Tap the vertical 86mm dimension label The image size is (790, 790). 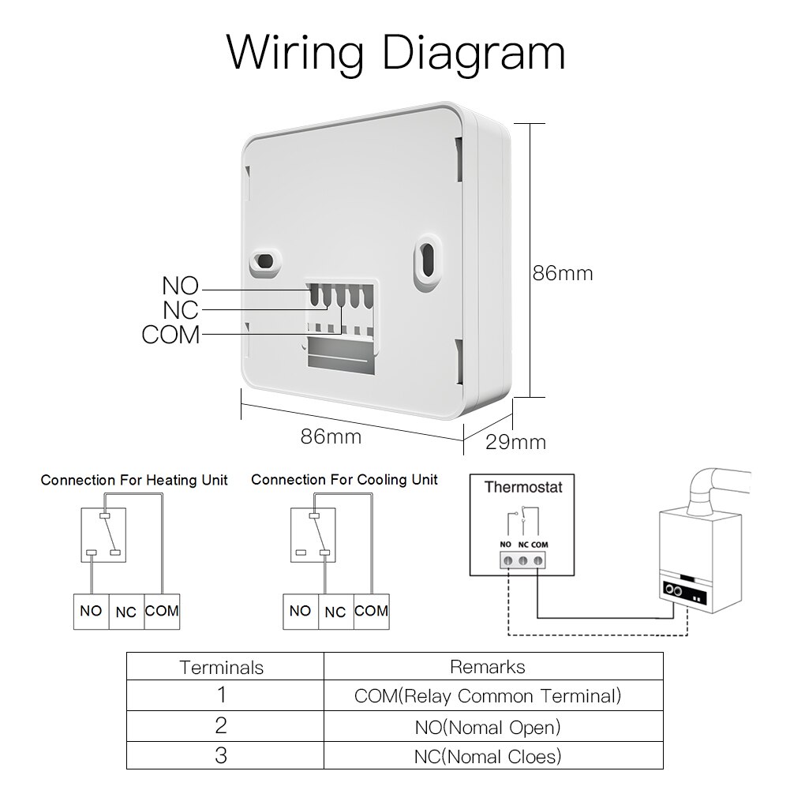coord(561,273)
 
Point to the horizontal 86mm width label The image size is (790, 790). coord(331,436)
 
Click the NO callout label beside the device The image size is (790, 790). coord(180,286)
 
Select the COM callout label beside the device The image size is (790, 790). coord(170,335)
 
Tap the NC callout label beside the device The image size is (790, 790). coord(180,310)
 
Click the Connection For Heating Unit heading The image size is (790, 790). coord(134,480)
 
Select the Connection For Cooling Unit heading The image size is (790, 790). coord(344,480)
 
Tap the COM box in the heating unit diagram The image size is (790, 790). coord(162,611)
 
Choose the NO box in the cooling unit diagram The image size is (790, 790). coord(300,611)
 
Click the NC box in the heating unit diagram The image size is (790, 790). coord(126,612)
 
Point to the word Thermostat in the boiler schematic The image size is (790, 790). coord(523,487)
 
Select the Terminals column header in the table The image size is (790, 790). coord(222,668)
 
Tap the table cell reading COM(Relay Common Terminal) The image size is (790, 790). coord(487,696)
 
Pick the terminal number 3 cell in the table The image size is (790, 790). coord(222,755)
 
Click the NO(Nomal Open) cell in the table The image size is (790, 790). coord(487,726)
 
